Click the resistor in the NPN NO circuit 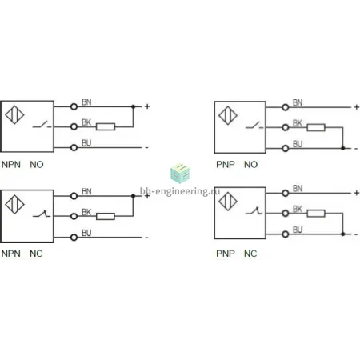coord(106,126)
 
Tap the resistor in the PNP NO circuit coord(316,127)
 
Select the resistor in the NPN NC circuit coord(106,216)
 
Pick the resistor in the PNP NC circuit coord(316,214)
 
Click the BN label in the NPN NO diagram coord(86,102)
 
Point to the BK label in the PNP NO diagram coord(298,123)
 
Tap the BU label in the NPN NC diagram coord(86,233)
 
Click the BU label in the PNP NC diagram coord(298,230)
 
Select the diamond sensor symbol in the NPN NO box coord(14,115)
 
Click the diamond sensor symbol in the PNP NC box coord(228,202)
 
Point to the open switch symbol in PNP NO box coord(254,125)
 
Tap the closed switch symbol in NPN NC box coord(42,214)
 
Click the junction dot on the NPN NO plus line coord(134,106)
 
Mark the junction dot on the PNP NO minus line coord(343,148)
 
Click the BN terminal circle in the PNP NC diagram coord(286,193)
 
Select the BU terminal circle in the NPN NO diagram coord(74,147)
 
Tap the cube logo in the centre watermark coord(180,174)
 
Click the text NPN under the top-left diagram coord(11,165)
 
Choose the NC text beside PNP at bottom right coord(250,254)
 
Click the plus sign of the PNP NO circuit coord(357,107)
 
